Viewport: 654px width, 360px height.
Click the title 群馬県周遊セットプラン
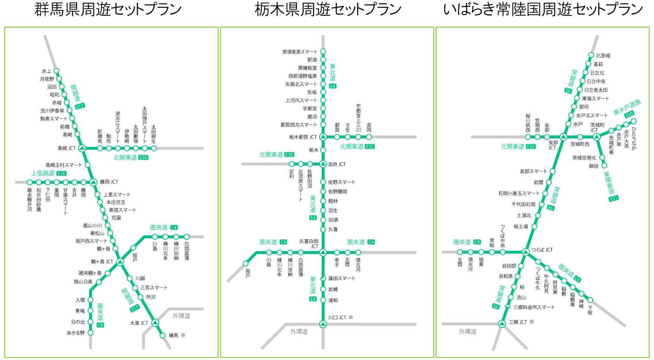pyautogui.click(x=108, y=10)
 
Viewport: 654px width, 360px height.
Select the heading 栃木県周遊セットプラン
pyautogui.click(x=328, y=10)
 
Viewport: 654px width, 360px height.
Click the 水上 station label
pyautogui.click(x=46, y=71)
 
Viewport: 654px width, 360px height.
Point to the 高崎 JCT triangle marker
pyautogui.click(x=82, y=148)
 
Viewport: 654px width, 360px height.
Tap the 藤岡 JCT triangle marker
pyautogui.click(x=93, y=182)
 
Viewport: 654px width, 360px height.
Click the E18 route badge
pyautogui.click(x=61, y=174)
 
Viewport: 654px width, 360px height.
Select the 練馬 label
pyautogui.click(x=174, y=335)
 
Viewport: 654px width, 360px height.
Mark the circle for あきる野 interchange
pyautogui.click(x=90, y=333)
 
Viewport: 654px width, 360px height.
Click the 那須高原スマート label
pyautogui.click(x=300, y=52)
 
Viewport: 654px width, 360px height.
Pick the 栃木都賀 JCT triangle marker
pyautogui.click(x=323, y=137)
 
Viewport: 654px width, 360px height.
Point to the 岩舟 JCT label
pyautogui.click(x=337, y=164)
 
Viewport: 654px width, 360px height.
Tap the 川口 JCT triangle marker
pyautogui.click(x=323, y=324)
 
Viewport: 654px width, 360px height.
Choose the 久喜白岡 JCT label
pyautogui.click(x=309, y=243)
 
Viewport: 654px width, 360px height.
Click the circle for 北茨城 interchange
pyautogui.click(x=591, y=55)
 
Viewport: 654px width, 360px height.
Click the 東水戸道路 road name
pyautogui.click(x=627, y=107)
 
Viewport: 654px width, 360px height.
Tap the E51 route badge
pyautogui.click(x=613, y=199)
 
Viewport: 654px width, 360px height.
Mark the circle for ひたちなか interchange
pyautogui.click(x=634, y=122)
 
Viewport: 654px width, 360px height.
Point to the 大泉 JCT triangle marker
pyautogui.click(x=155, y=323)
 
